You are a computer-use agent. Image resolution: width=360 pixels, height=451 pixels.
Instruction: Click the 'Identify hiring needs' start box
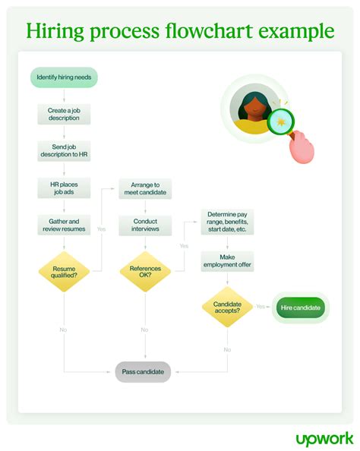click(x=64, y=77)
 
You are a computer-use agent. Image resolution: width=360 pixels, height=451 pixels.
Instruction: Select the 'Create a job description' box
click(x=64, y=115)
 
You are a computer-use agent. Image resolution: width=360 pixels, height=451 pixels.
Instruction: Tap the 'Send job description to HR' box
click(x=64, y=150)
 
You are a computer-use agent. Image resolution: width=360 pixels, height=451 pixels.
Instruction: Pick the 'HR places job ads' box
click(x=64, y=188)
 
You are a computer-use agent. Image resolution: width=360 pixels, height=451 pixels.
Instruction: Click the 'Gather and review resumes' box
click(x=64, y=224)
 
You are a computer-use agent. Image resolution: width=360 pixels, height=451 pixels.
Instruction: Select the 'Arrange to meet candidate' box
click(x=145, y=188)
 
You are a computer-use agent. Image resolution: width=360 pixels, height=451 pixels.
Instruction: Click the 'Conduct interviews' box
click(x=145, y=225)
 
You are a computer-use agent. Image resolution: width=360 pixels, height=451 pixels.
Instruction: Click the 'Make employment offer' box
click(x=228, y=261)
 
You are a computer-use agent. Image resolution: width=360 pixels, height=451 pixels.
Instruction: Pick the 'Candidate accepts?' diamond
click(x=227, y=307)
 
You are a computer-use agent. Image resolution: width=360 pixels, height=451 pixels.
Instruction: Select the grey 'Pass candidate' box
click(x=144, y=372)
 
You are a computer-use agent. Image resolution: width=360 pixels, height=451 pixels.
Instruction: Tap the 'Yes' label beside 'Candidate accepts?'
click(x=261, y=307)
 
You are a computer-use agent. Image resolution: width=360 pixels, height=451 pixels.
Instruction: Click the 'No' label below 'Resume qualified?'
click(x=64, y=330)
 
